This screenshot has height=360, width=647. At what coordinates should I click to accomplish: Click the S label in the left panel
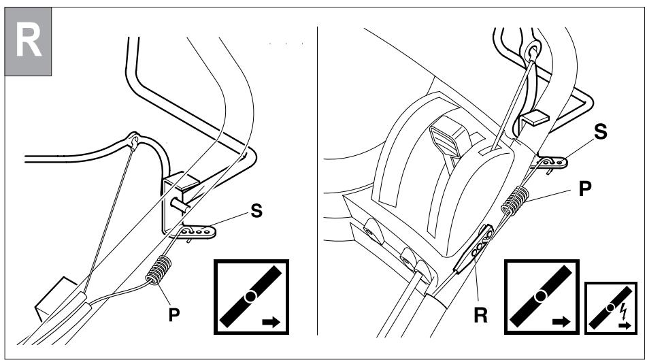pyautogui.click(x=257, y=212)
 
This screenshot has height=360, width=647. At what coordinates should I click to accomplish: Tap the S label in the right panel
pyautogui.click(x=601, y=134)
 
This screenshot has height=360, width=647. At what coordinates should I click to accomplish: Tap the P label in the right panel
pyautogui.click(x=583, y=190)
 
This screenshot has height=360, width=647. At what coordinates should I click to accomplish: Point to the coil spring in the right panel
pyautogui.click(x=514, y=199)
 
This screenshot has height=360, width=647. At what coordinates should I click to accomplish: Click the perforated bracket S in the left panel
pyautogui.click(x=199, y=232)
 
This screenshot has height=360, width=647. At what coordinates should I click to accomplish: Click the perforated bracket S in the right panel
pyautogui.click(x=552, y=162)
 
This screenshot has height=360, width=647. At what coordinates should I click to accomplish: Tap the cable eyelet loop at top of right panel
pyautogui.click(x=532, y=50)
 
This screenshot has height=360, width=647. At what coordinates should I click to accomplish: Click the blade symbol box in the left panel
pyautogui.click(x=252, y=297)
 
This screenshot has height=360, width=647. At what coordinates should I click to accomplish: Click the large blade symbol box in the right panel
pyautogui.click(x=541, y=297)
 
